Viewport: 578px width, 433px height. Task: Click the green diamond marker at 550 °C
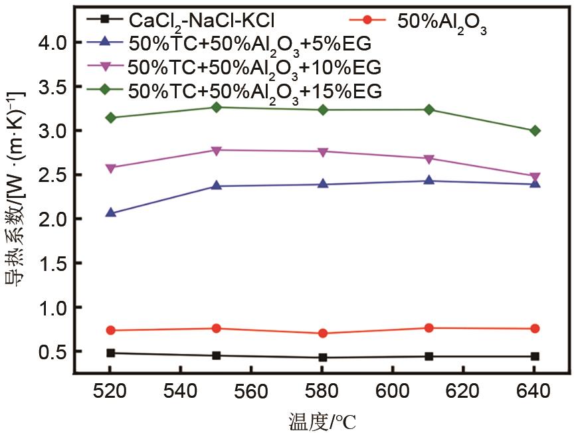[x=217, y=107]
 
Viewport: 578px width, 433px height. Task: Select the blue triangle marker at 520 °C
[x=111, y=213]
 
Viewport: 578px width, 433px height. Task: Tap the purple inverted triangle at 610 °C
[x=429, y=159]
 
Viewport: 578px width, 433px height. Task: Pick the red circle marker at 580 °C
[x=323, y=333]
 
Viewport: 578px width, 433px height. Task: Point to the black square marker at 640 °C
[x=535, y=357]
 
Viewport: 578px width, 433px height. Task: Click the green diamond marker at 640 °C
[x=535, y=131]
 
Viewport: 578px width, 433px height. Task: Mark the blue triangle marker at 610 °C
[x=429, y=180]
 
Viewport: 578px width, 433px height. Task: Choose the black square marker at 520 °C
[x=111, y=353]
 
